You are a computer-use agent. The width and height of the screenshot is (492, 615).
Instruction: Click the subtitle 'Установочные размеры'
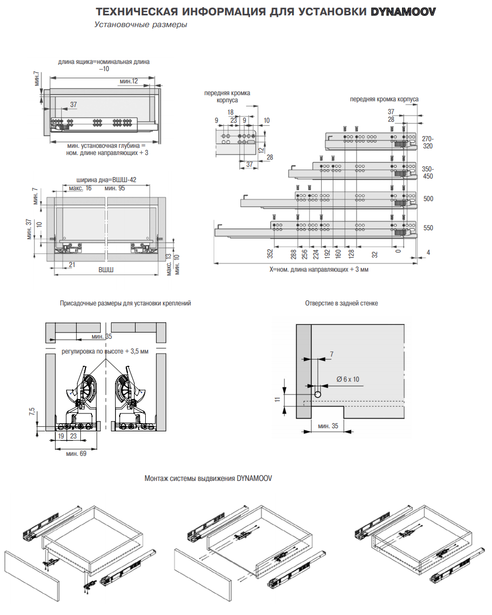[140, 25]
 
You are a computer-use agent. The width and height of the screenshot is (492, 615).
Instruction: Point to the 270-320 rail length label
[428, 142]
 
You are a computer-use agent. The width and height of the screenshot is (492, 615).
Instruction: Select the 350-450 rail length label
[428, 172]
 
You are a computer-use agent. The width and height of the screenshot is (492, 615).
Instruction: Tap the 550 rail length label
[428, 228]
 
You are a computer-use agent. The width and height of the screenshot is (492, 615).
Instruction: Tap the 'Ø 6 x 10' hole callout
[348, 379]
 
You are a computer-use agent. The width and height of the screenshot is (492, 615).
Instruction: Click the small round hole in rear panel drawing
[318, 394]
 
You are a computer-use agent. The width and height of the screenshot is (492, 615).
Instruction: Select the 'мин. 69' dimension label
[76, 453]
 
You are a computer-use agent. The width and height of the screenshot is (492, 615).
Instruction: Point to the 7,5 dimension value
[32, 413]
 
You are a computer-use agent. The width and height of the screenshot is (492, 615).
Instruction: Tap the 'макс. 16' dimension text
[80, 188]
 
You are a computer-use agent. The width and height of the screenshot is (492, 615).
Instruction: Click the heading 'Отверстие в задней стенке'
[342, 303]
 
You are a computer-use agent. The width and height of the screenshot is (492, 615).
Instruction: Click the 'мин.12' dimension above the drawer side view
[129, 81]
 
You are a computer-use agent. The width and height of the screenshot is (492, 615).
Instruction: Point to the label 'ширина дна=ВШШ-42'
[106, 180]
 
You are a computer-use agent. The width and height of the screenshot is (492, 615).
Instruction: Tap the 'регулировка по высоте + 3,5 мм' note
[105, 352]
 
